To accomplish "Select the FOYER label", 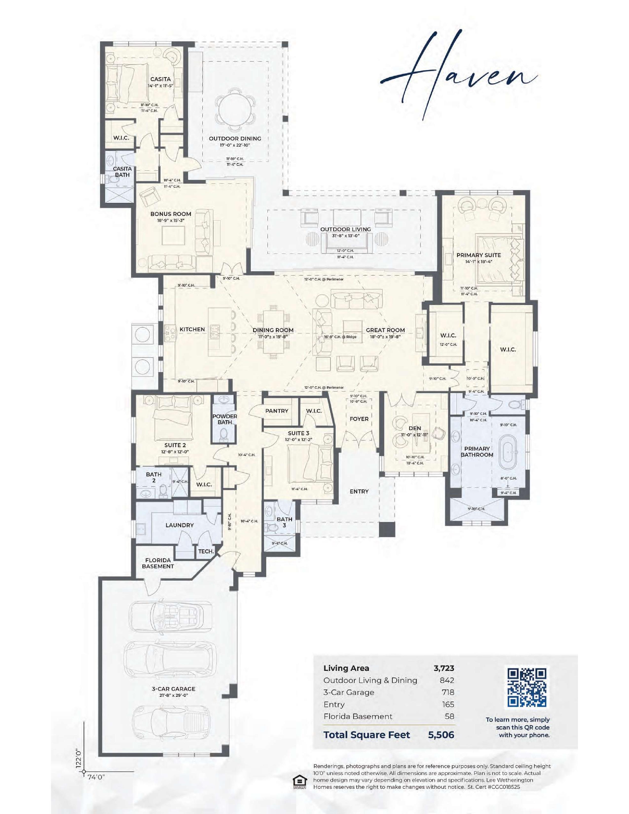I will pyautogui.click(x=359, y=419).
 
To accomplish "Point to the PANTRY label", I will pyautogui.click(x=277, y=411).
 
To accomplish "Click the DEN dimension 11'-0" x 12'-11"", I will pyautogui.click(x=415, y=435).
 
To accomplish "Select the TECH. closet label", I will pyautogui.click(x=206, y=551).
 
